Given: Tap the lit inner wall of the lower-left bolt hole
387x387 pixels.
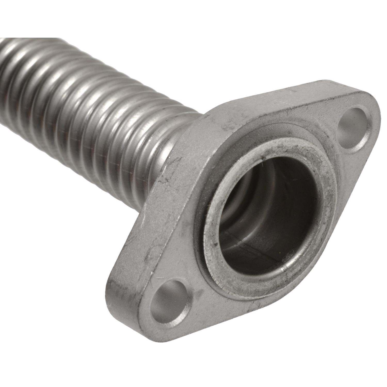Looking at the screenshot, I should [163, 310].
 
